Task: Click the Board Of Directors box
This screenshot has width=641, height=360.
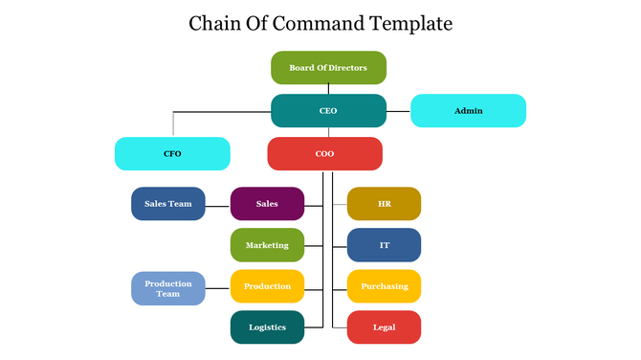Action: coord(328,68)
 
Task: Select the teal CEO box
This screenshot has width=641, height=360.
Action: coord(328,111)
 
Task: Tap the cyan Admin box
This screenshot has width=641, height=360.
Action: coord(468,111)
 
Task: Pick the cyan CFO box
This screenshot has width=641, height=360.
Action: coord(172,153)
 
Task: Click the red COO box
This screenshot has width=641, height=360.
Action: coord(324,153)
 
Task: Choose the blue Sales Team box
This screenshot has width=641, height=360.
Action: coord(168,204)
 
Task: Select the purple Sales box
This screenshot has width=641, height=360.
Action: coord(267,204)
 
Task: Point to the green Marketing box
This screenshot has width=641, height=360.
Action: coord(267,245)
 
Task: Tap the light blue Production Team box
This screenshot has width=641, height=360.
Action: coord(168,288)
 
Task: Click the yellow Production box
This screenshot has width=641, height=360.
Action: coord(267,286)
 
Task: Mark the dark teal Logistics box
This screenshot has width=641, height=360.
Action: coord(267,327)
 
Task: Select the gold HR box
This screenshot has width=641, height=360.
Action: coord(384,204)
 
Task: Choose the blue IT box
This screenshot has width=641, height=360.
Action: coord(384,245)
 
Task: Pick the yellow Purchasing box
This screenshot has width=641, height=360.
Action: coord(384,286)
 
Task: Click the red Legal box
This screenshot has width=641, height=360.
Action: coord(384,327)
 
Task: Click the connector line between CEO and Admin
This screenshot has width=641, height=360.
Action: coord(398,111)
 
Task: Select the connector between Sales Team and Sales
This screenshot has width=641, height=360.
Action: coord(218,204)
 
